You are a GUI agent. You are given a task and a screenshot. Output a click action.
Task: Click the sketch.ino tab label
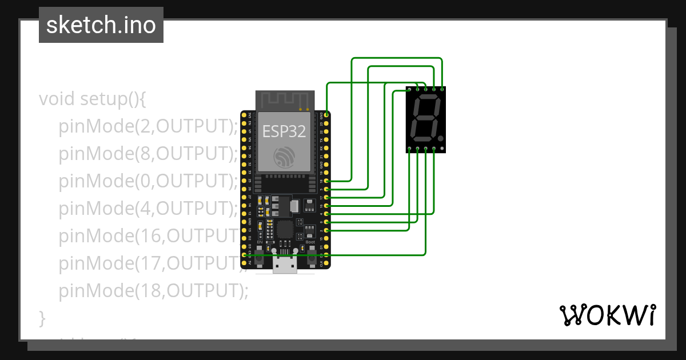[101, 25]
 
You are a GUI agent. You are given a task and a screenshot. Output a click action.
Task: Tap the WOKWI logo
[607, 315]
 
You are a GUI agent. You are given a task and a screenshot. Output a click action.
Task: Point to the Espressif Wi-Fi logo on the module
[284, 157]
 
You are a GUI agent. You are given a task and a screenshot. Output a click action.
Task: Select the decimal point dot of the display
[441, 138]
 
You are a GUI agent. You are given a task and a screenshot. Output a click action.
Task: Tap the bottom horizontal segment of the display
[422, 140]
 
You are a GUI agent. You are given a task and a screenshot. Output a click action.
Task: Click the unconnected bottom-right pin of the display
[442, 149]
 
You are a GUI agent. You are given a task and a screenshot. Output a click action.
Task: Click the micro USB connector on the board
[285, 265]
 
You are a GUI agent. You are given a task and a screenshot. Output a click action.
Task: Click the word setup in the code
[101, 99]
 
